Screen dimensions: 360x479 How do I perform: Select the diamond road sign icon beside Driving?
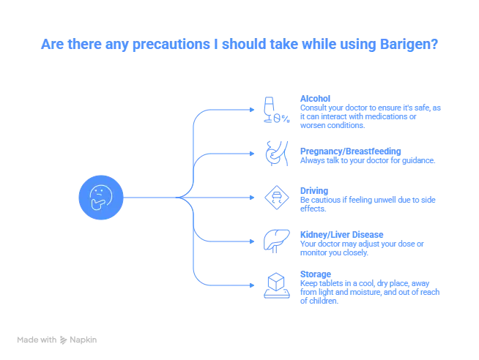[x=275, y=197]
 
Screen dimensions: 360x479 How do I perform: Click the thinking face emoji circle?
[x=100, y=198]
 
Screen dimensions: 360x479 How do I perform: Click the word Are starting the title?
[x=48, y=45]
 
